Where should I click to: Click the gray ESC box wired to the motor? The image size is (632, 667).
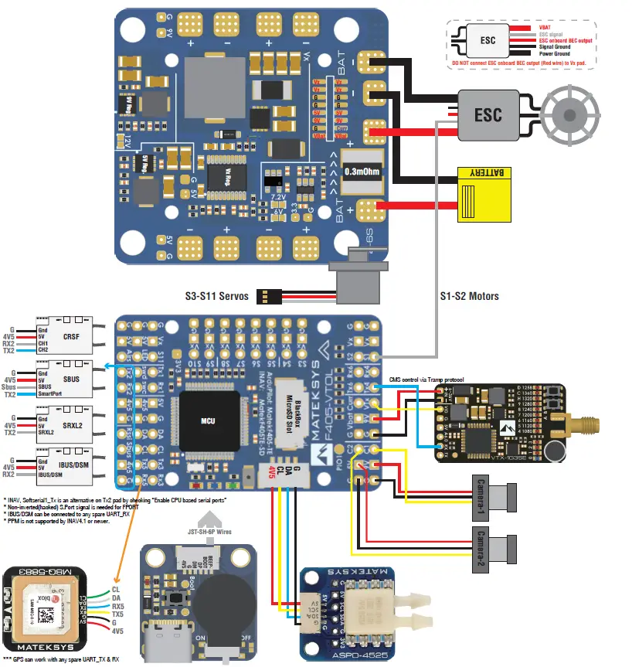(488, 115)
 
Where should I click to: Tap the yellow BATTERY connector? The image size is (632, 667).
(485, 195)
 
